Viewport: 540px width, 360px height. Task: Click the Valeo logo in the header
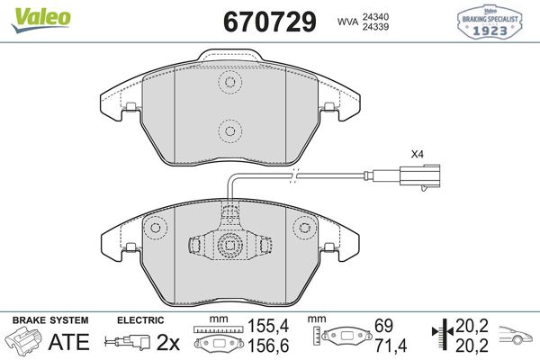41,20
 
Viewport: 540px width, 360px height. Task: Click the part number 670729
270,22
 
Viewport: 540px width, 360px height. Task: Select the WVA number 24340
375,16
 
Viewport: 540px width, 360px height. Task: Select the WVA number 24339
375,27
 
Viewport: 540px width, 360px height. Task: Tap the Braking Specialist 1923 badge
489,22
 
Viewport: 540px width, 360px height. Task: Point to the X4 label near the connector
417,154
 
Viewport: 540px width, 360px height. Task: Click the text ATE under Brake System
69,341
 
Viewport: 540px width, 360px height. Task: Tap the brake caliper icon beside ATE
24,339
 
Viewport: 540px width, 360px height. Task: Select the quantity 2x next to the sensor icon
168,342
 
